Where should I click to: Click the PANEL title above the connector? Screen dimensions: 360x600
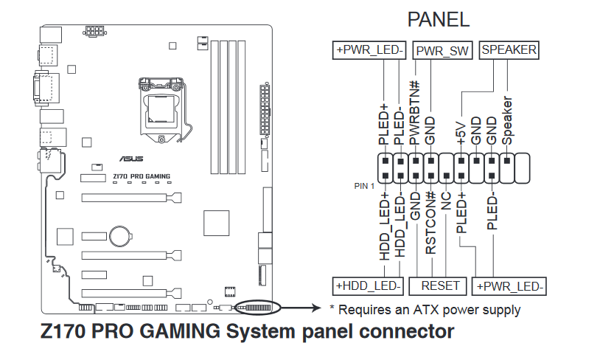[x=438, y=20]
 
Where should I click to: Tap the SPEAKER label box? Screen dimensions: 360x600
[x=509, y=50]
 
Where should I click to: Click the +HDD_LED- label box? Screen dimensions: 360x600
[x=369, y=285]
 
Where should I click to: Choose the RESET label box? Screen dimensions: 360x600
[x=440, y=285]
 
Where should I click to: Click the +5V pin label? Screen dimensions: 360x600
[x=461, y=131]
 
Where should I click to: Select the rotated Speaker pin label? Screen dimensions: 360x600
[x=507, y=120]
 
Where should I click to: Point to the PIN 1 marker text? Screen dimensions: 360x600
[x=364, y=186]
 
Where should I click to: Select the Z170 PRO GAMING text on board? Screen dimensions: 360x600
[x=142, y=176]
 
